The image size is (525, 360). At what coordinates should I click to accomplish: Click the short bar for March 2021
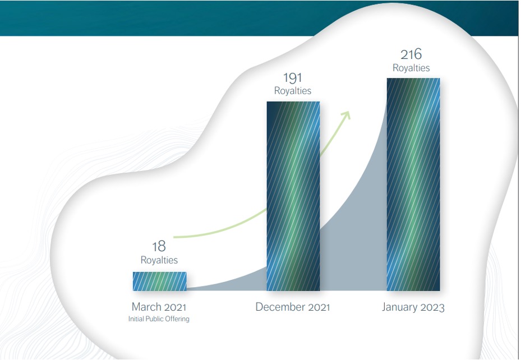160,281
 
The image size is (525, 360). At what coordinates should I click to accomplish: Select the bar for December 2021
293,196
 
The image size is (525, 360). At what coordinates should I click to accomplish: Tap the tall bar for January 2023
413,184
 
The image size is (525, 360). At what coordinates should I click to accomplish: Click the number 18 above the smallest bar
159,247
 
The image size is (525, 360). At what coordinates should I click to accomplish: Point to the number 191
293,78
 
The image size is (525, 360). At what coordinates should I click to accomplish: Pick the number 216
411,54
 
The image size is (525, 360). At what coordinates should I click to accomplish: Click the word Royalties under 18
159,260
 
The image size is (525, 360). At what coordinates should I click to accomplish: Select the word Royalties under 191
293,91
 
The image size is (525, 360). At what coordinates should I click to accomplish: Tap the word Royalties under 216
411,68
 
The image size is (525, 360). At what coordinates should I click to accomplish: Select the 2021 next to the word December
319,307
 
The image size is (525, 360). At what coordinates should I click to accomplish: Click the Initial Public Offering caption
159,319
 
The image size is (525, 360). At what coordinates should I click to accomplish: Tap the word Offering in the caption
177,319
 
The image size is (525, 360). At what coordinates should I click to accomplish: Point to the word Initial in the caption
136,319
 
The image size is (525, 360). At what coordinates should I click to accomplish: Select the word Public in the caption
154,319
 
